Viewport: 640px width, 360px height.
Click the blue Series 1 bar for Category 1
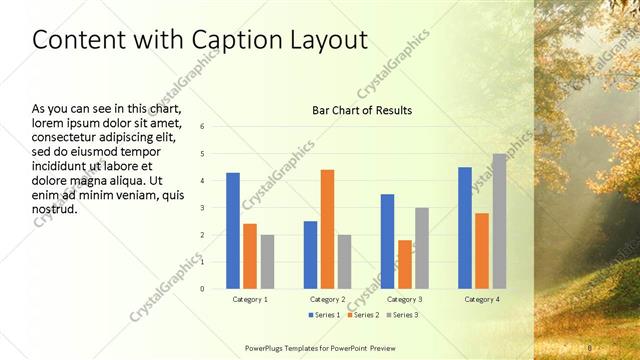(x=233, y=231)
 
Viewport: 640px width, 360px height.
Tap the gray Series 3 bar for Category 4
(x=499, y=221)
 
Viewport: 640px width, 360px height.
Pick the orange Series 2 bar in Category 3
(x=404, y=264)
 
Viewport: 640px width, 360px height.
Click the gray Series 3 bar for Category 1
(x=267, y=262)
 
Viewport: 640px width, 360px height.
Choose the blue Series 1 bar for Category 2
(x=310, y=255)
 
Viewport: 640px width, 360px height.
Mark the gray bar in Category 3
(x=422, y=248)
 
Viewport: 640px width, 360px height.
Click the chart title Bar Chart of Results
(x=362, y=110)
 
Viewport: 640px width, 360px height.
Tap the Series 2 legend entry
(x=362, y=315)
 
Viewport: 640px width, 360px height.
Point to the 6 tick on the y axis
(x=202, y=127)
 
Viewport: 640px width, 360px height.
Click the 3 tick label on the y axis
(x=202, y=208)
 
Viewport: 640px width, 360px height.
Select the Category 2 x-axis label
(x=327, y=299)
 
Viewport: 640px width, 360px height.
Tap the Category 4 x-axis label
(x=482, y=299)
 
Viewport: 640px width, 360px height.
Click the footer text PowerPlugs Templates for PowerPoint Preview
(x=320, y=347)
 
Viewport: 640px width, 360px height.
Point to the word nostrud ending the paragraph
(x=56, y=209)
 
